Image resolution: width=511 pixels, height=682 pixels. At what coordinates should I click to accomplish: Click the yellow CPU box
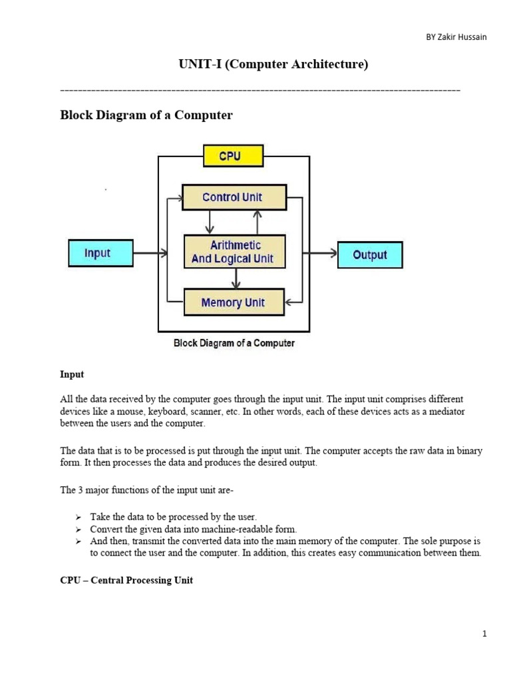pyautogui.click(x=234, y=156)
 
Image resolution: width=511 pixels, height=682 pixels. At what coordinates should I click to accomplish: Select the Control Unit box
pyautogui.click(x=234, y=197)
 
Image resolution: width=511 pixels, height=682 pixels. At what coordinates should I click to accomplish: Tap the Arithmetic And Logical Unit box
pyautogui.click(x=235, y=251)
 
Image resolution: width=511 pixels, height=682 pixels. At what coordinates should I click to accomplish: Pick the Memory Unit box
pyautogui.click(x=234, y=302)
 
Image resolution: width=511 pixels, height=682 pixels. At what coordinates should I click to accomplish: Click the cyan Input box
pyautogui.click(x=101, y=252)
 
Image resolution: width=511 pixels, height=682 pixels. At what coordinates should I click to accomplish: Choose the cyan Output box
pyautogui.click(x=370, y=254)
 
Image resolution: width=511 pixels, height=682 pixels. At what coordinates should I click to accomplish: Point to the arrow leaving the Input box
pyautogui.click(x=150, y=252)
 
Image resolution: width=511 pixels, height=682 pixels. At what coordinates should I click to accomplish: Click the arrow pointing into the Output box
pyautogui.click(x=320, y=252)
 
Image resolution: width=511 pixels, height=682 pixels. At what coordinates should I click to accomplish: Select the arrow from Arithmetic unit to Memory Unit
pyautogui.click(x=236, y=278)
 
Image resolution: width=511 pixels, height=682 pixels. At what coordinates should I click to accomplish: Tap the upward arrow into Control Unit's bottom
pyautogui.click(x=257, y=222)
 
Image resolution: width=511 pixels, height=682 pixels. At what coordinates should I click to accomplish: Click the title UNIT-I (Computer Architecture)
pyautogui.click(x=273, y=64)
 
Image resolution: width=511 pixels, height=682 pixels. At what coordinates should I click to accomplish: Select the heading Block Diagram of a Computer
pyautogui.click(x=146, y=115)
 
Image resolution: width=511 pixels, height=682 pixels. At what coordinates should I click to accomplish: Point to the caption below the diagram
pyautogui.click(x=234, y=343)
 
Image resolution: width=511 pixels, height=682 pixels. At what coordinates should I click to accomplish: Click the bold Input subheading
pyautogui.click(x=72, y=374)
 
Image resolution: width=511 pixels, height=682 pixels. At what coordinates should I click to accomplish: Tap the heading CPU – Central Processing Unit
pyautogui.click(x=126, y=580)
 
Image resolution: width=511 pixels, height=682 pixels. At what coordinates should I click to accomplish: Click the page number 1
pyautogui.click(x=484, y=634)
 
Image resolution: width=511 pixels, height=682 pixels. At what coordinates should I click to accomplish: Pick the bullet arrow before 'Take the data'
pyautogui.click(x=79, y=517)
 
